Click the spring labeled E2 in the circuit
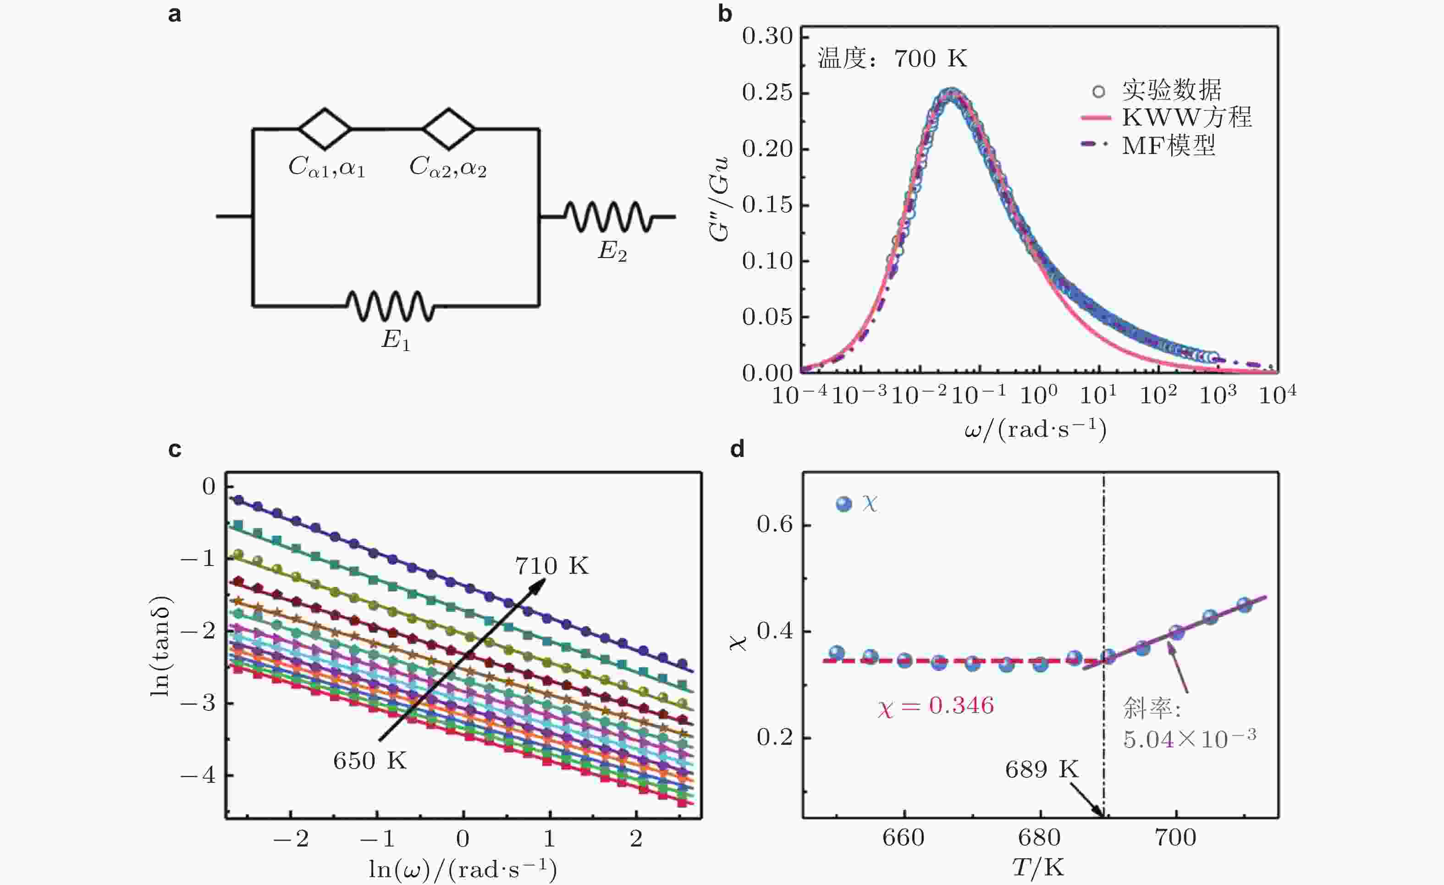(608, 217)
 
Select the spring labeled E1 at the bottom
(390, 305)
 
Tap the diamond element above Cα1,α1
(325, 128)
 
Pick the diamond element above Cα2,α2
(449, 128)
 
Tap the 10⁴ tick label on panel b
(1278, 395)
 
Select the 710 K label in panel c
(551, 566)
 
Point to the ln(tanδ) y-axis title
(160, 646)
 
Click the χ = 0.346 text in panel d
(935, 706)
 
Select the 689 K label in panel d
(1042, 770)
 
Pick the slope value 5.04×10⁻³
(1189, 739)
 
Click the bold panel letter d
(737, 450)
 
